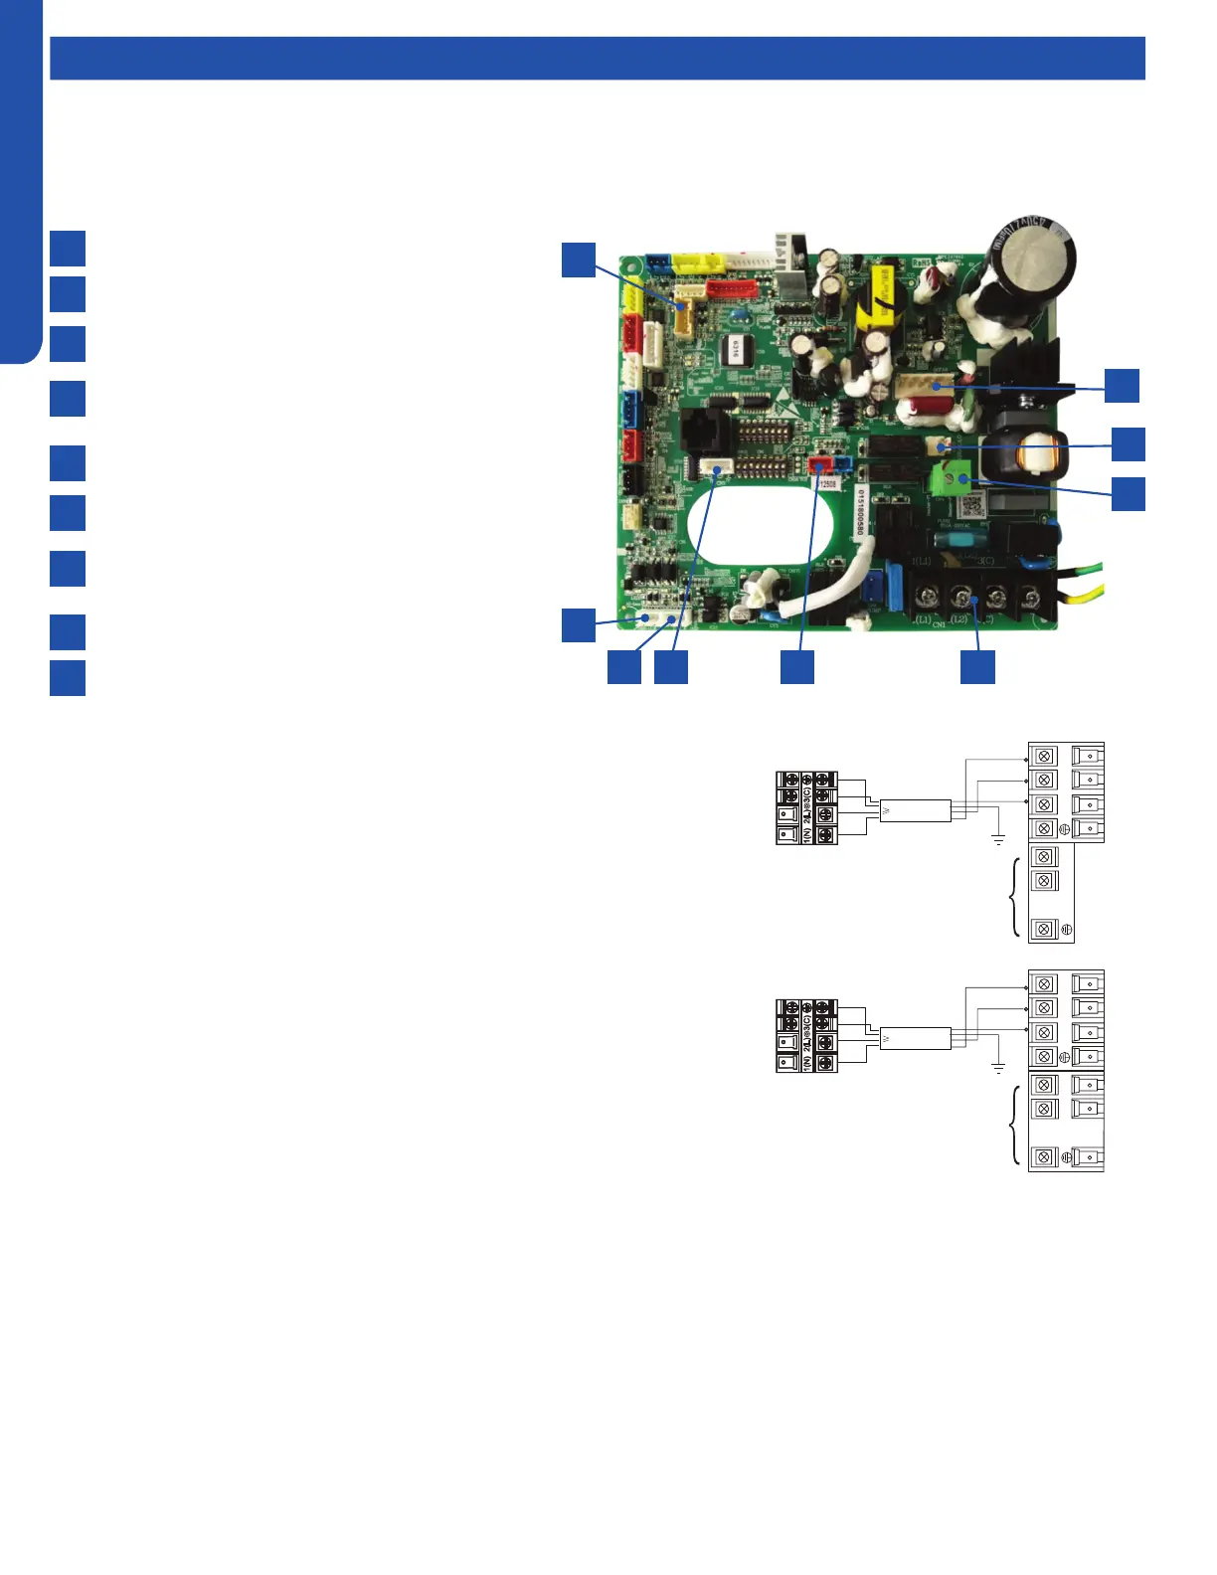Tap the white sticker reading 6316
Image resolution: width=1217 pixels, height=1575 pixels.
click(738, 350)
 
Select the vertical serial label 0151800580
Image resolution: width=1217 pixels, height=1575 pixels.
click(861, 513)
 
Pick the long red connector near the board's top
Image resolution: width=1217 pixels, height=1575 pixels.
click(734, 289)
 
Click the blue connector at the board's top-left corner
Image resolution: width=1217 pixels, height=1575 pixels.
click(658, 262)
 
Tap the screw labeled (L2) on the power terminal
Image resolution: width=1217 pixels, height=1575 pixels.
click(961, 598)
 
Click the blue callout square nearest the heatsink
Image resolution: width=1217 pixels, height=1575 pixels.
click(1123, 385)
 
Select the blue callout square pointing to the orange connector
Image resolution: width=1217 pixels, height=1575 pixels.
click(578, 259)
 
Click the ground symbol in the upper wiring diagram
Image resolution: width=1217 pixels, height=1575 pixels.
click(998, 840)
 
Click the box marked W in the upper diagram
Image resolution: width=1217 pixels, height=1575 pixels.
click(914, 810)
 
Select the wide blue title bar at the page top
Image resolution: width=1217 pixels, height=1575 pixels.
click(597, 58)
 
